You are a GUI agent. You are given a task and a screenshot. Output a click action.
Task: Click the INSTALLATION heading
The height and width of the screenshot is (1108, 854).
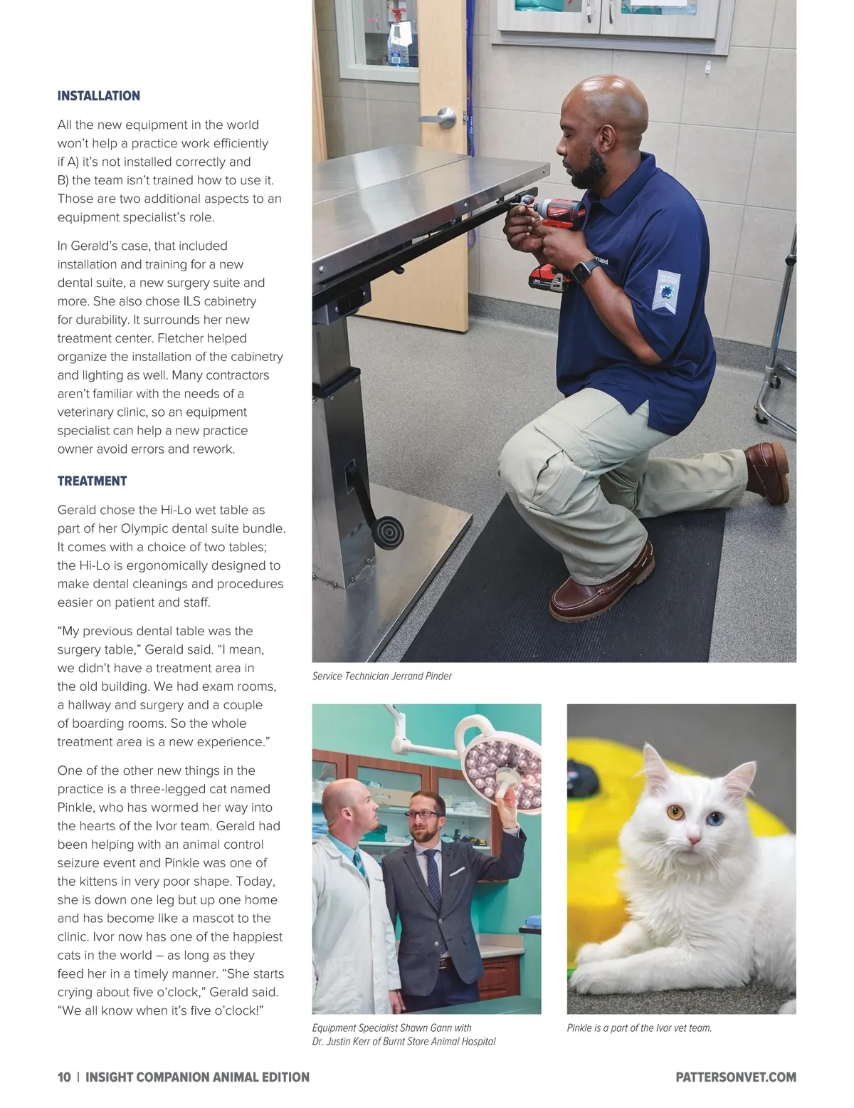pyautogui.click(x=98, y=96)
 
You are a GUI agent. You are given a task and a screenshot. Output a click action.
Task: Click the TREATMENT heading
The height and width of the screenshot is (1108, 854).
pyautogui.click(x=92, y=481)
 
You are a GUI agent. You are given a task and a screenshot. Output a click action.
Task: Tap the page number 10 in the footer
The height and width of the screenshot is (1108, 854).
pyautogui.click(x=64, y=1077)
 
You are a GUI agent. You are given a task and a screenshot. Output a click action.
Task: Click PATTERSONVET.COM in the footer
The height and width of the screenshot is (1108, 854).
pyautogui.click(x=735, y=1077)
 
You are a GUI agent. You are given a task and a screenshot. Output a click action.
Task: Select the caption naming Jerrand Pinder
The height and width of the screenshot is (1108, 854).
pyautogui.click(x=381, y=676)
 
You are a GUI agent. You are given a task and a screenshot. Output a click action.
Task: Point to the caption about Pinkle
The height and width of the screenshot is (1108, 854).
pyautogui.click(x=639, y=1028)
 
